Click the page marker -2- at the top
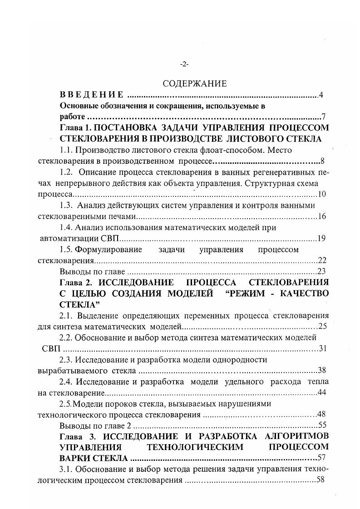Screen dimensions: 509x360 point(184,64)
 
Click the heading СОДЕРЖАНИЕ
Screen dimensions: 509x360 point(188,84)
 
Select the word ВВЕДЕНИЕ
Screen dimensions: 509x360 point(92,95)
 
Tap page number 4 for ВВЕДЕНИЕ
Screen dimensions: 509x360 point(321,95)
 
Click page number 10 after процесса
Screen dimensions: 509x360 point(322,194)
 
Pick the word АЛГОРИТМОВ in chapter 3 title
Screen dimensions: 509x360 point(299,436)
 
